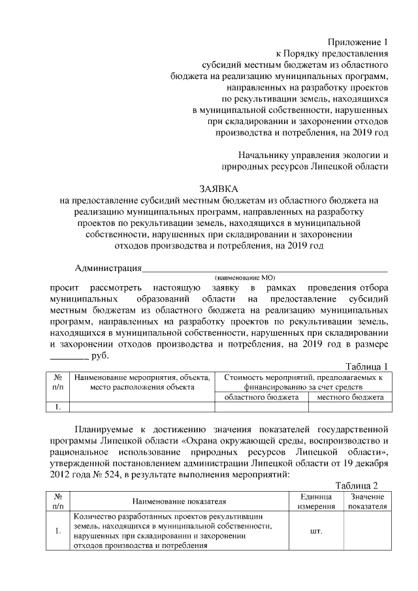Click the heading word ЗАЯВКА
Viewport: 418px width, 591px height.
click(209, 189)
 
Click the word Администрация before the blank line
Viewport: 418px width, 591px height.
click(107, 268)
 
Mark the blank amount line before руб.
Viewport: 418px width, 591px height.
click(69, 358)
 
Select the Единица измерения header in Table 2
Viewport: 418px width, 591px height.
click(316, 502)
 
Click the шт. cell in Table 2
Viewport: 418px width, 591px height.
click(316, 531)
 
